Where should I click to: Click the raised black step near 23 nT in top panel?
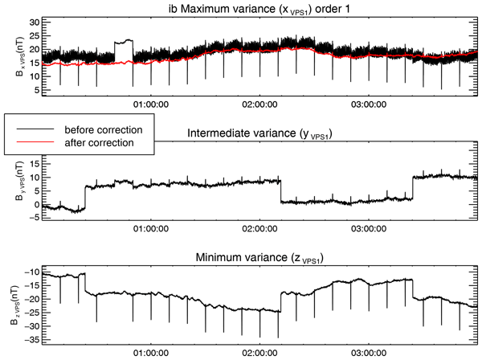[123, 41]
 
